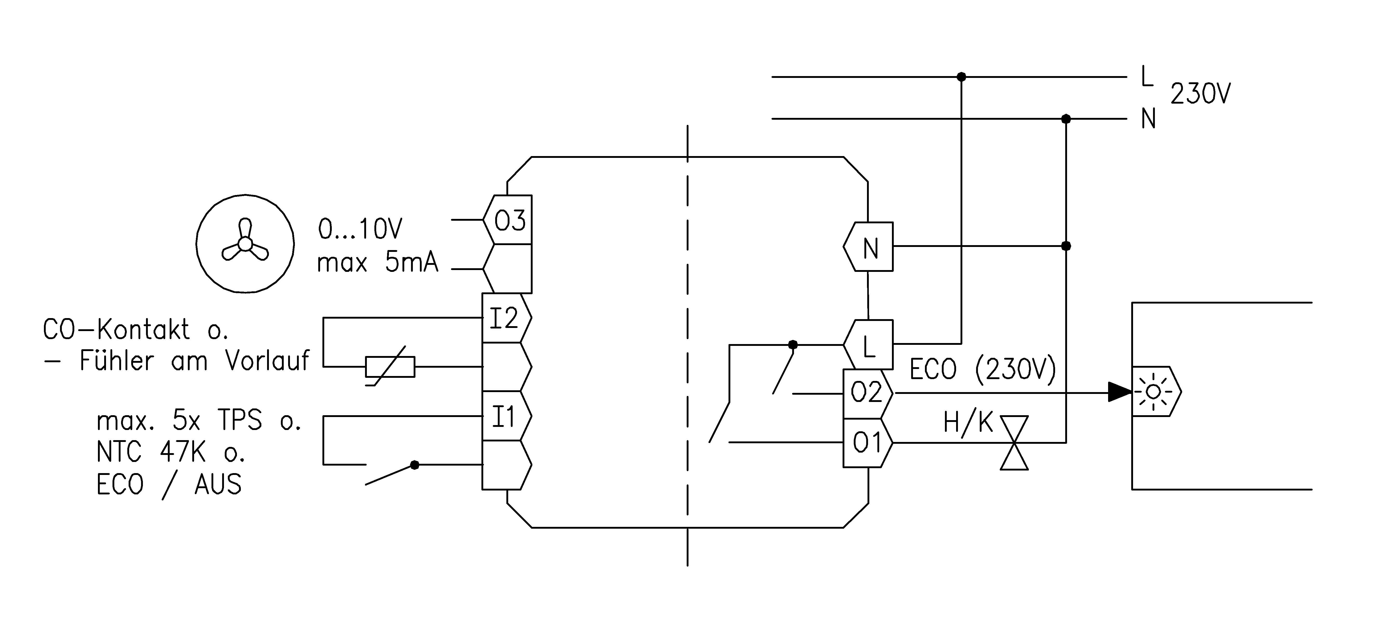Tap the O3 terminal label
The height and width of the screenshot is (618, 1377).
pos(509,220)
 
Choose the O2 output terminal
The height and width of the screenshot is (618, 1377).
pos(866,393)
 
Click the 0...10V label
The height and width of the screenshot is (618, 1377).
pos(360,230)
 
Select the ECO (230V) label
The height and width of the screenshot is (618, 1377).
pos(983,369)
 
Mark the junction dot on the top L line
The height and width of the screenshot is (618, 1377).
pos(961,77)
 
